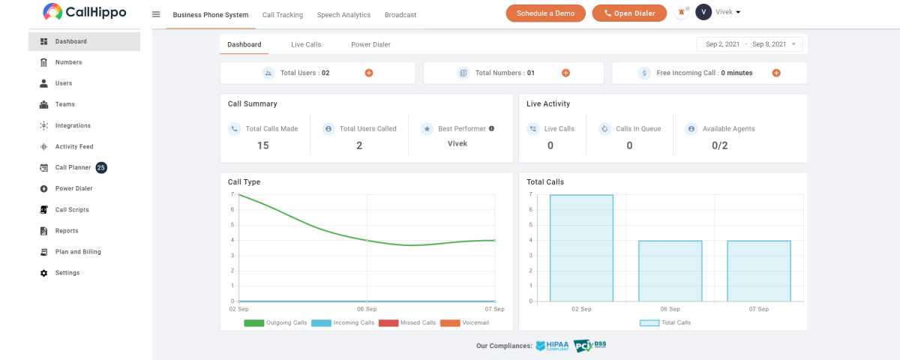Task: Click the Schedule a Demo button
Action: pyautogui.click(x=546, y=13)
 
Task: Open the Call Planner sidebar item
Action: pyautogui.click(x=73, y=167)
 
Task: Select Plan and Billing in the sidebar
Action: pyautogui.click(x=78, y=252)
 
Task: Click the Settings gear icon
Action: pyautogui.click(x=43, y=273)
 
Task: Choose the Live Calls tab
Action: pyautogui.click(x=306, y=44)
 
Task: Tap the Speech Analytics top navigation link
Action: pyautogui.click(x=343, y=15)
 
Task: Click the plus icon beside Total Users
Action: pyautogui.click(x=369, y=73)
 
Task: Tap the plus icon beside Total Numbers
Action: pyautogui.click(x=565, y=73)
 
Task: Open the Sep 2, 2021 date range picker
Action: pyautogui.click(x=750, y=44)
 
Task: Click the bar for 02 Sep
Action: pyautogui.click(x=581, y=248)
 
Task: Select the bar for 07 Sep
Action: pyautogui.click(x=759, y=271)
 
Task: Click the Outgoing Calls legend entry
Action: pyautogui.click(x=276, y=322)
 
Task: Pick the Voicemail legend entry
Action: pyautogui.click(x=465, y=322)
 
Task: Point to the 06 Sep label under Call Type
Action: pyautogui.click(x=367, y=309)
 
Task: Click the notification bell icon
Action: pyautogui.click(x=682, y=13)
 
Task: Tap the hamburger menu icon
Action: pyautogui.click(x=156, y=14)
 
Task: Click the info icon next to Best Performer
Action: pyautogui.click(x=491, y=128)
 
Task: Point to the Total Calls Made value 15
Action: pyautogui.click(x=263, y=145)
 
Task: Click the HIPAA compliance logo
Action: pyautogui.click(x=553, y=346)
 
